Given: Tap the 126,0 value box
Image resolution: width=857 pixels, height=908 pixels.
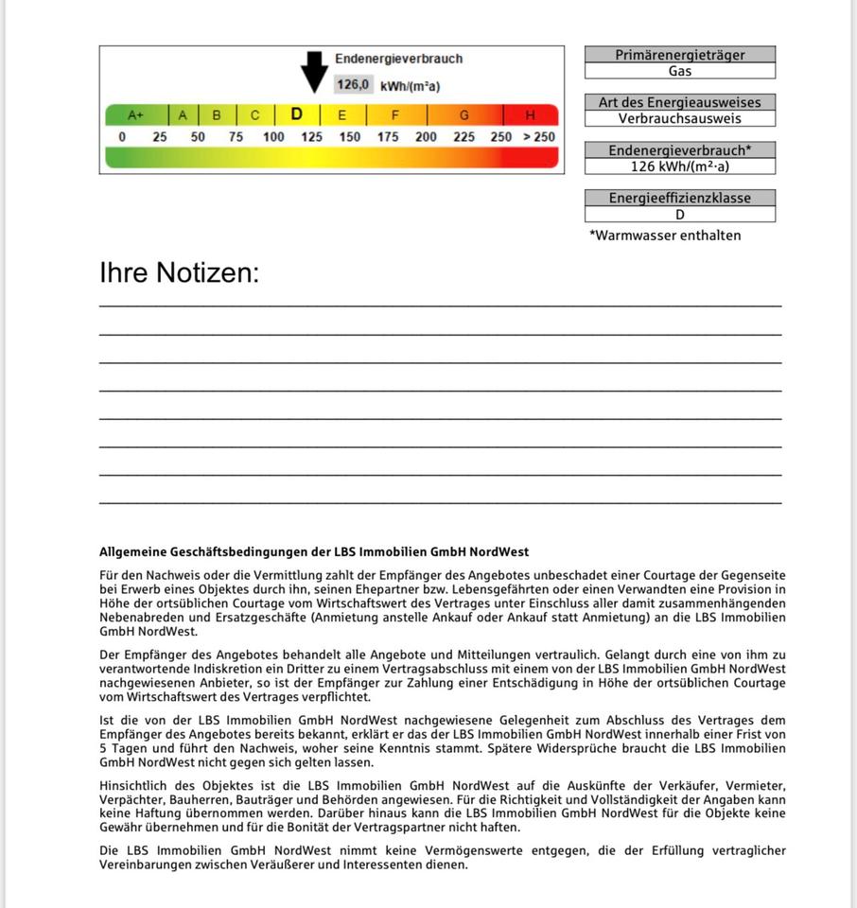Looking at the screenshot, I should (353, 85).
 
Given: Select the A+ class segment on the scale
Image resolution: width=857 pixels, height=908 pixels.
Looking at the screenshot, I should (136, 115).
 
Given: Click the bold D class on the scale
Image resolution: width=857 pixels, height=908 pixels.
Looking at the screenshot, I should (297, 114).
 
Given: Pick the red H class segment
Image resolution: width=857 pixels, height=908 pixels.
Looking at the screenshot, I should (530, 115).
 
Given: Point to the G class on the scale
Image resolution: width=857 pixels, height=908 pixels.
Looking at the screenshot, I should (464, 115).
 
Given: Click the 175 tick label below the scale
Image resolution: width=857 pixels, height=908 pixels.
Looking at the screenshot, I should (388, 137).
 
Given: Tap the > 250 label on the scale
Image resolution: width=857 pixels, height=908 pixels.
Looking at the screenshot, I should (539, 137).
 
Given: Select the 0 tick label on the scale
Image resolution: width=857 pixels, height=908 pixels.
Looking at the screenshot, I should (122, 137).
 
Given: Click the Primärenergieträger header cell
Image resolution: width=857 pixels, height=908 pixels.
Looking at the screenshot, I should (680, 55).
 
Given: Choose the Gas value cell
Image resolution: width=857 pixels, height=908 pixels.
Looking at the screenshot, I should (680, 71).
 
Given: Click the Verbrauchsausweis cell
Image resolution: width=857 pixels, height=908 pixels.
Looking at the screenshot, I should (680, 118).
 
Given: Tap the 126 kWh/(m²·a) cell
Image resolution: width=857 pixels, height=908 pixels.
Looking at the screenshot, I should (680, 166).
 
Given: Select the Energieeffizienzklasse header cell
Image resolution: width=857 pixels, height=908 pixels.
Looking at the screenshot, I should (680, 198).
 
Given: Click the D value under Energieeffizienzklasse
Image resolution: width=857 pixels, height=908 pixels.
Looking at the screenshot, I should (680, 215).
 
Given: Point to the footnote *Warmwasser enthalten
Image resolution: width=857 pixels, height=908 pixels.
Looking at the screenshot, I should (665, 236).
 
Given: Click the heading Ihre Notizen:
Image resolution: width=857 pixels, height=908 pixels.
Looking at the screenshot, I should (180, 273).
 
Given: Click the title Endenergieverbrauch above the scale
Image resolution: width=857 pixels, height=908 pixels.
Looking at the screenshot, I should (398, 59).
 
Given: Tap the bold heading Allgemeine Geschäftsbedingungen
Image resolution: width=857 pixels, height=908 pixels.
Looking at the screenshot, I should (314, 552).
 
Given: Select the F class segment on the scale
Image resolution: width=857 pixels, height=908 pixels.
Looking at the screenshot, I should (395, 115).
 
